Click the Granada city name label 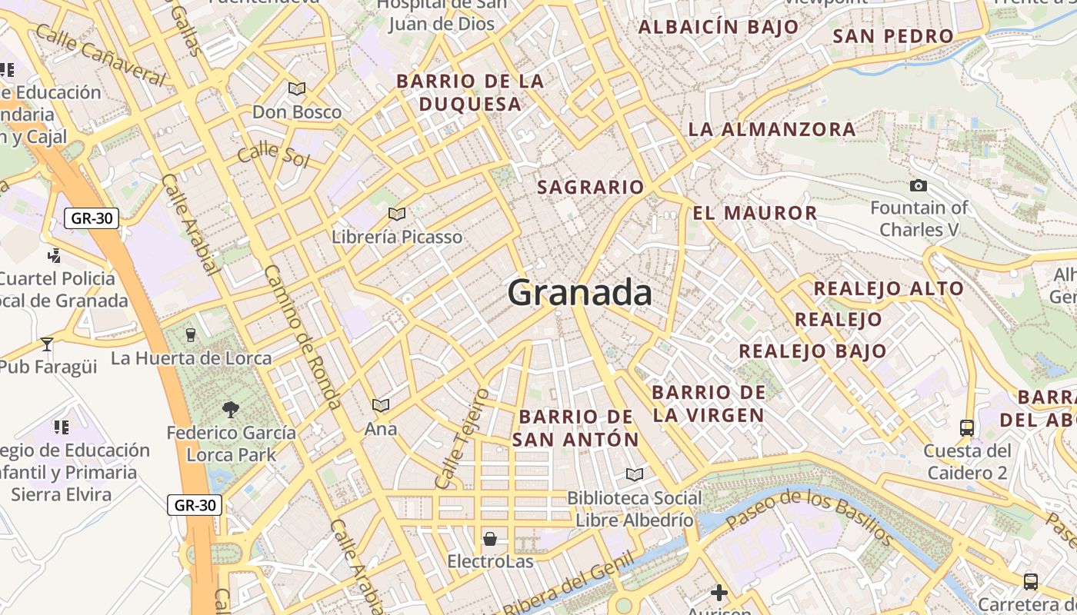pos(579,293)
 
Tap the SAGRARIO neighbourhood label pos(590,187)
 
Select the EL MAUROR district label pos(755,213)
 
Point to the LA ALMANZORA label pos(772,129)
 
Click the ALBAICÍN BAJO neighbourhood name pos(719,28)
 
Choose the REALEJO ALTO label pos(889,289)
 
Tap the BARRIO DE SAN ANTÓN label pos(575,428)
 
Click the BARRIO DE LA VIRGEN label pos(709,404)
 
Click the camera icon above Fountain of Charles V pos(918,185)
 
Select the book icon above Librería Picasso pos(397,214)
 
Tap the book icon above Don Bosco pos(297,89)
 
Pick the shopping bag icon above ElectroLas pos(490,539)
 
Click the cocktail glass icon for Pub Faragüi pos(47,344)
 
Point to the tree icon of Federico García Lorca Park pos(230,410)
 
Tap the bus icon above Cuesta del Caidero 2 pos(967,427)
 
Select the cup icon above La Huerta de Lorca pos(191,334)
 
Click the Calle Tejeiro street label pos(462,438)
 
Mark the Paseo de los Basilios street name pos(809,517)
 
